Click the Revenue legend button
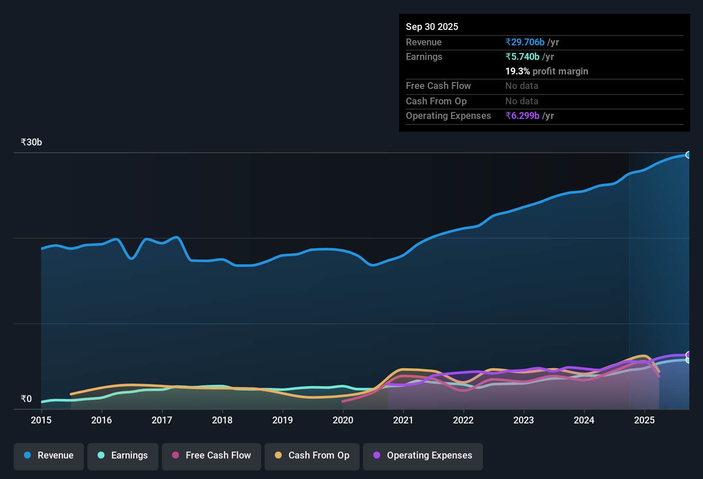click(49, 456)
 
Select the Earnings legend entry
click(123, 456)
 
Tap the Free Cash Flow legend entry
click(211, 456)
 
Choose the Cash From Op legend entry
click(312, 456)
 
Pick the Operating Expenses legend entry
click(423, 456)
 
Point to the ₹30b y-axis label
click(31, 142)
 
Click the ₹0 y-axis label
click(26, 399)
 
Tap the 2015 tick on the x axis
click(41, 420)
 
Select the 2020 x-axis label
click(343, 420)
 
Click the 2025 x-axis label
click(644, 420)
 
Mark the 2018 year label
click(222, 420)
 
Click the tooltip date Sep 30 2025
click(432, 27)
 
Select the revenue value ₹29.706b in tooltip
click(525, 42)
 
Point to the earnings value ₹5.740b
click(522, 57)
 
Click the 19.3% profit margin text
click(546, 71)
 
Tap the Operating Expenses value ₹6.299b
click(522, 116)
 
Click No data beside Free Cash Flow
click(521, 86)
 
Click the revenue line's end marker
click(688, 155)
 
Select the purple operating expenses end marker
click(688, 355)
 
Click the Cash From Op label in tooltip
click(436, 101)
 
